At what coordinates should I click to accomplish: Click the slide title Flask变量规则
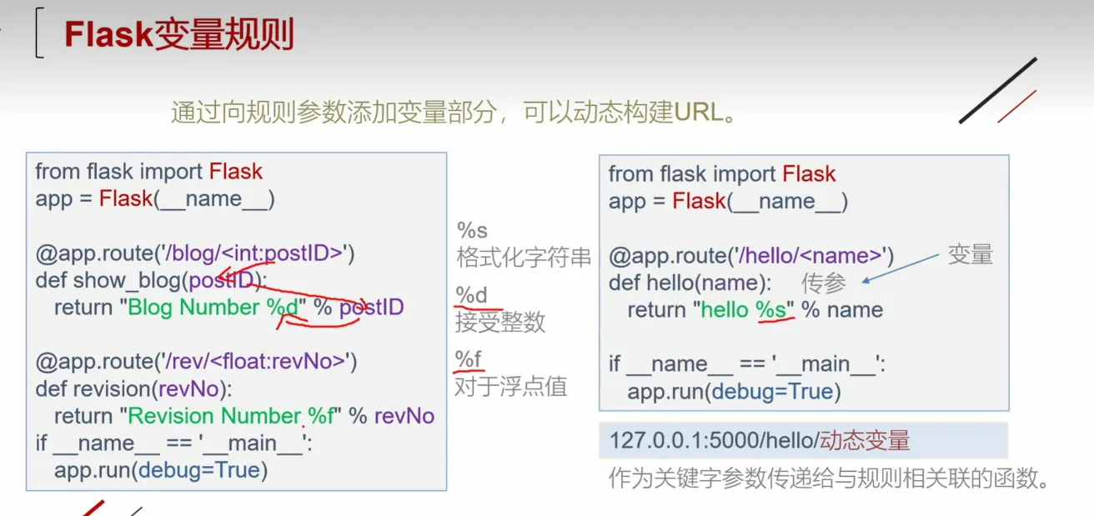coord(178,35)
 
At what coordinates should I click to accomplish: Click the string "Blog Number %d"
coord(213,308)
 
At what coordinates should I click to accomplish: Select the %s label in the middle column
coord(472,230)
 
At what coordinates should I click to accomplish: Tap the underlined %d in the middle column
coord(471,295)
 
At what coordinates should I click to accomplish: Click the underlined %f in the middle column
coord(469,359)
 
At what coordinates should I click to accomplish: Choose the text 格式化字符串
coord(524,257)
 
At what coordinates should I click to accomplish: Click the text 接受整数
coord(500,322)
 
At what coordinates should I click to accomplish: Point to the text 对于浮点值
coord(510,386)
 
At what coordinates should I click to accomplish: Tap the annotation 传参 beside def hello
coord(824,283)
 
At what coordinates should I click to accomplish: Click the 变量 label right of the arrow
coord(971,255)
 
